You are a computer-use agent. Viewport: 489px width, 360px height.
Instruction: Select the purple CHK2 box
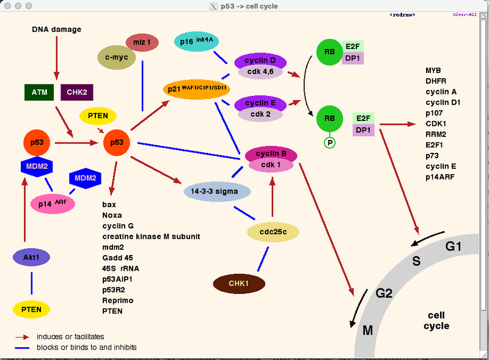tap(77, 92)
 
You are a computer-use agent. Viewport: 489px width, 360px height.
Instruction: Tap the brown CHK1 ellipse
tap(239, 283)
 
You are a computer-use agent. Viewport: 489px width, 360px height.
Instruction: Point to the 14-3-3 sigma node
tap(218, 191)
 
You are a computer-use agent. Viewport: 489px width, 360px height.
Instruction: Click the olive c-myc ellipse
tap(116, 57)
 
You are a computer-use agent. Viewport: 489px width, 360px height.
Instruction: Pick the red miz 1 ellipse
tap(142, 42)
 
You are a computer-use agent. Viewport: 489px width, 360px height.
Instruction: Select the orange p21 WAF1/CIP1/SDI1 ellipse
tap(197, 89)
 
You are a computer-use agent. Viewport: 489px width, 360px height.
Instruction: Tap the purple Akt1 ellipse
tap(31, 258)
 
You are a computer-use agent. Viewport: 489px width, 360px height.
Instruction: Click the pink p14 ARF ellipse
tap(53, 204)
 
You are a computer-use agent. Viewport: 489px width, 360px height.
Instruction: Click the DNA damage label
tap(57, 29)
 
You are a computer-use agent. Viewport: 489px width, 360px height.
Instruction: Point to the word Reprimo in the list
tap(118, 300)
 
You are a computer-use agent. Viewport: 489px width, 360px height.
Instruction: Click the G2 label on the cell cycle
tap(384, 293)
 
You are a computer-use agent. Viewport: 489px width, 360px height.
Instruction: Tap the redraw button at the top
tap(403, 14)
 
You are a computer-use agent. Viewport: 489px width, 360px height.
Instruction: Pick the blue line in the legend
tap(23, 347)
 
